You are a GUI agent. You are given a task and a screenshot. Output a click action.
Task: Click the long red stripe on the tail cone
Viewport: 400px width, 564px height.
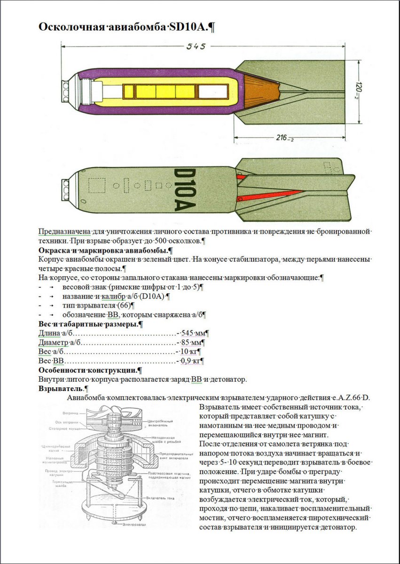(x=273, y=196)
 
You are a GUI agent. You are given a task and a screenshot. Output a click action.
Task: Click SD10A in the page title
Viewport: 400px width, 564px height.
(x=188, y=27)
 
